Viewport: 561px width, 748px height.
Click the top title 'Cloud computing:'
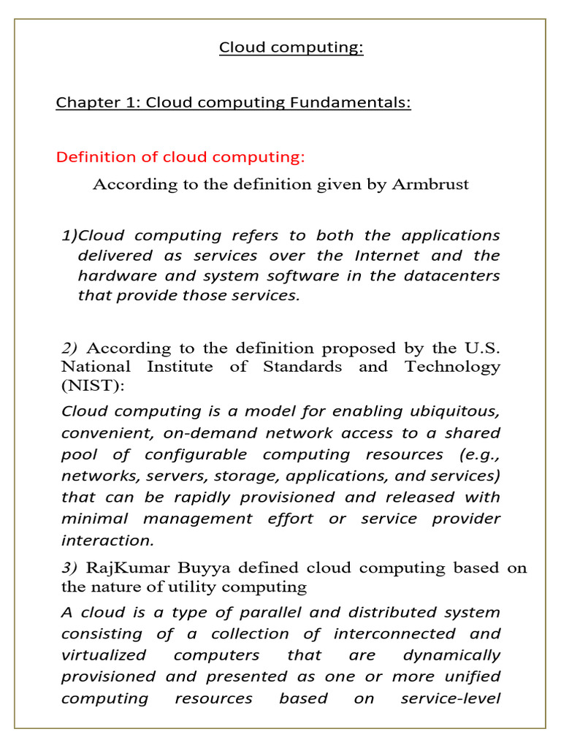tap(280, 48)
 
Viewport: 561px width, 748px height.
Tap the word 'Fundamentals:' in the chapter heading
tap(351, 102)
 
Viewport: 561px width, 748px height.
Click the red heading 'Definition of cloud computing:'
tap(180, 157)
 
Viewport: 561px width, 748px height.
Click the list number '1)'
tap(69, 235)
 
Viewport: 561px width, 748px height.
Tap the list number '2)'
tap(70, 348)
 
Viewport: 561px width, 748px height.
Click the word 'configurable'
tap(196, 454)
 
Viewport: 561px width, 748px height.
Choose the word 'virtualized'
tap(104, 655)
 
